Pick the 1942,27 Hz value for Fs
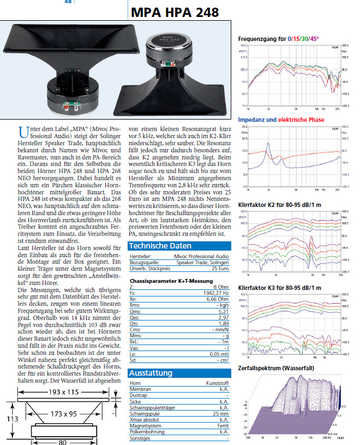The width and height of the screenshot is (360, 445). [x=214, y=292]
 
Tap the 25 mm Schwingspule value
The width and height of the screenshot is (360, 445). [x=221, y=414]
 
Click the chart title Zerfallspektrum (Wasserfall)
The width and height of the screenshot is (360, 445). [x=276, y=368]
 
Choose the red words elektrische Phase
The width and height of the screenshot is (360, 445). [x=301, y=120]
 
